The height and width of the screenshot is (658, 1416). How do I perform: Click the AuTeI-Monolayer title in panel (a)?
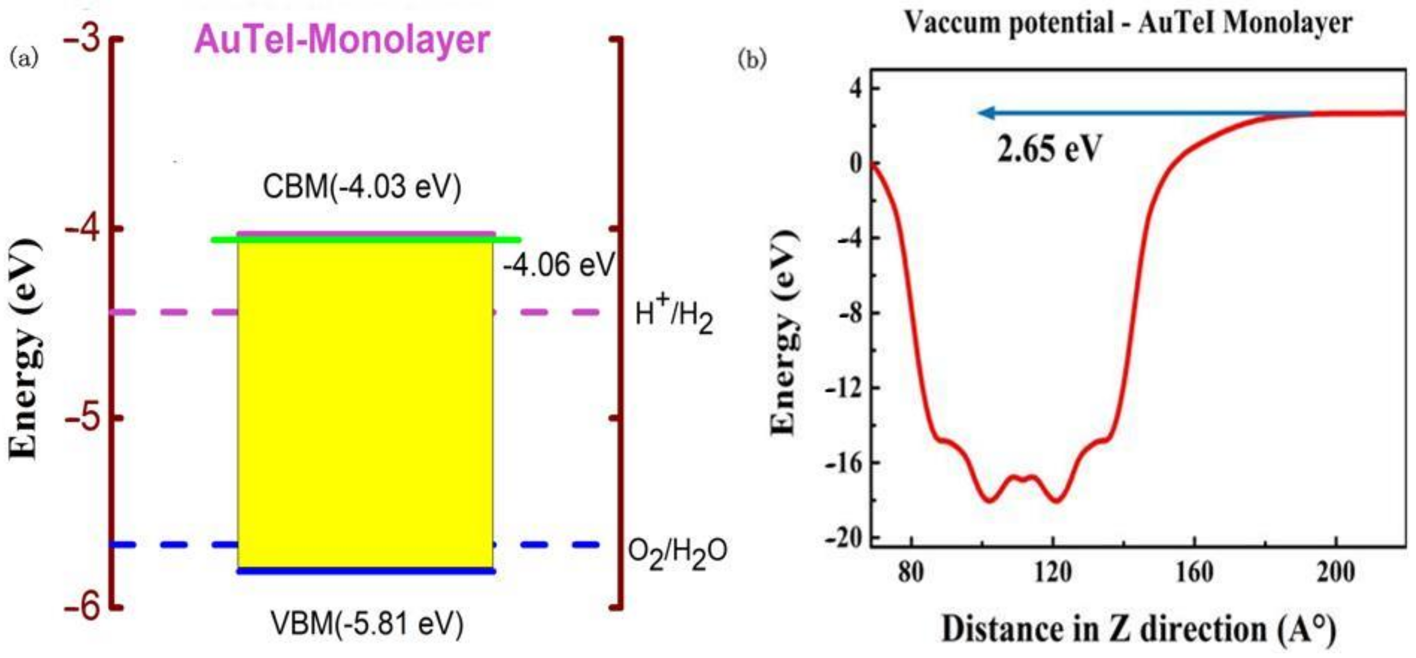(x=342, y=40)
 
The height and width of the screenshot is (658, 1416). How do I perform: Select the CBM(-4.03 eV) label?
(x=362, y=187)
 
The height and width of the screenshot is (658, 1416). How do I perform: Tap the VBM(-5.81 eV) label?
(x=367, y=624)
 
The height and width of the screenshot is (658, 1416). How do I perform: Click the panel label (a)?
(x=25, y=58)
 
